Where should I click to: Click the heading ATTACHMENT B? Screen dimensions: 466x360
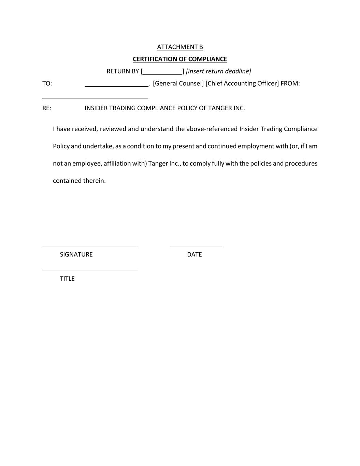180,47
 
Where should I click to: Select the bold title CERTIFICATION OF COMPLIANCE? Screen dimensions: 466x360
180,59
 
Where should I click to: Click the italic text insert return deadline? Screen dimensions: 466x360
218,71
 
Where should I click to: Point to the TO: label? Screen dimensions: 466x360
47,83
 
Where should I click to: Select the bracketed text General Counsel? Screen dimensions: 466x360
178,83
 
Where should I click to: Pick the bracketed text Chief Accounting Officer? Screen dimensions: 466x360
242,83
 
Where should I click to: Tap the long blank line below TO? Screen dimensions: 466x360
95,98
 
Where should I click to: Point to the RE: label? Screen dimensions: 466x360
47,108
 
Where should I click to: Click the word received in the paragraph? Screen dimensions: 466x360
84,129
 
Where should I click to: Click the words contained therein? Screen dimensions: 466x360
79,181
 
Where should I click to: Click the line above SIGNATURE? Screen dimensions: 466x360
90,246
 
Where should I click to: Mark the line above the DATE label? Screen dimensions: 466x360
196,246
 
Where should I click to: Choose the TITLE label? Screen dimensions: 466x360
67,279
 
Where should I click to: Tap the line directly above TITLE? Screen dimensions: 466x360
90,270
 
